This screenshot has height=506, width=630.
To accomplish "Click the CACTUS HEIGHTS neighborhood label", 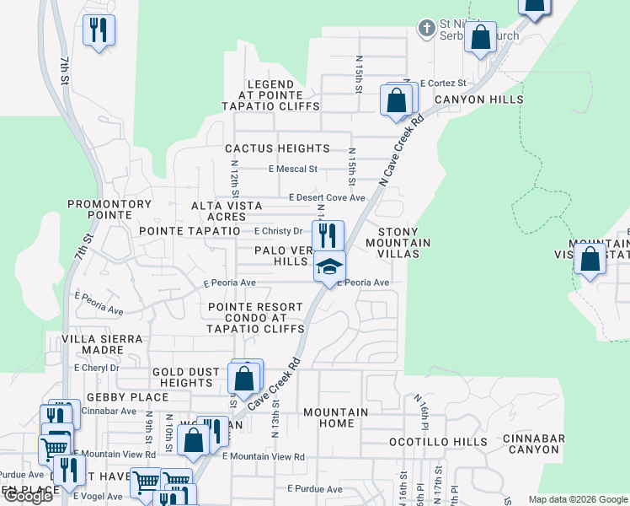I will point(277,148).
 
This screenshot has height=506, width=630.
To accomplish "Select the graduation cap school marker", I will point(330,266).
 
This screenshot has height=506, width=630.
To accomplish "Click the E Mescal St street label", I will point(292,169).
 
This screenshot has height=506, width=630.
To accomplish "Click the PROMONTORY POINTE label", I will point(109,210).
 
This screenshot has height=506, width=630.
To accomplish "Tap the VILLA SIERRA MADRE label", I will point(104,346).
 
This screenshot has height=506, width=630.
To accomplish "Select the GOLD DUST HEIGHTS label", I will point(187,377).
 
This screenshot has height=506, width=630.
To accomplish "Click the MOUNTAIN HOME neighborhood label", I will point(335,418).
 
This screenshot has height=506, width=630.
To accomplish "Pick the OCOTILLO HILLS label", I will point(437,442).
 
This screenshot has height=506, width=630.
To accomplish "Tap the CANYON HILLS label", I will point(478,100).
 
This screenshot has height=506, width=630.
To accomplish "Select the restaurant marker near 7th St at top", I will point(99,30).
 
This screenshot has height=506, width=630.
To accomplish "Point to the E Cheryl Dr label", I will point(96,368).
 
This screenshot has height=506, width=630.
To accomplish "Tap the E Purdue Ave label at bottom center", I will point(314,489).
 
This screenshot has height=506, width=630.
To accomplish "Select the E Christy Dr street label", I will point(277,231).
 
